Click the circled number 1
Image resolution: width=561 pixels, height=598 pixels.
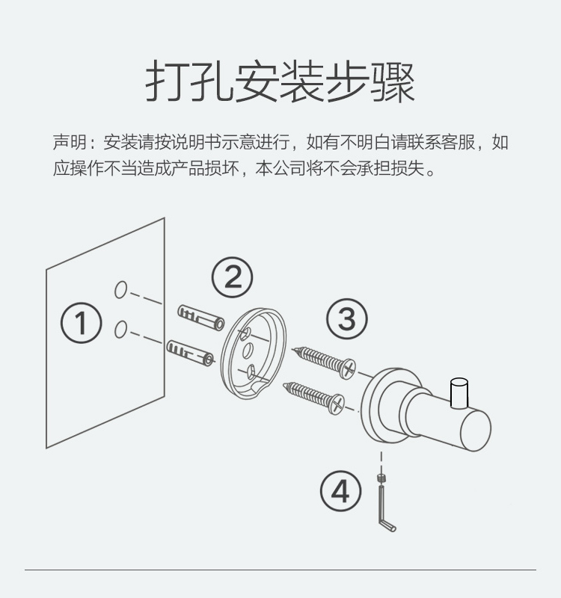[x=82, y=323]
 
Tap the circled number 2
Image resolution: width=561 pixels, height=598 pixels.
[x=233, y=277]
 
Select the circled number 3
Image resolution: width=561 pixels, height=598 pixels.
[x=347, y=319]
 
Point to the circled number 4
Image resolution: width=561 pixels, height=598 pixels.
[x=340, y=491]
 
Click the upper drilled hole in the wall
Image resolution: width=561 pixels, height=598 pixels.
[x=120, y=290]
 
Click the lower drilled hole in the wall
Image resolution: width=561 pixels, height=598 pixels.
[x=120, y=330]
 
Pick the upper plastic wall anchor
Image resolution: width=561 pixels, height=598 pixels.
[x=201, y=318]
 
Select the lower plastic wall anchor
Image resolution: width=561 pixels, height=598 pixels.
[x=191, y=353]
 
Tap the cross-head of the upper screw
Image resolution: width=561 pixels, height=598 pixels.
[x=349, y=369]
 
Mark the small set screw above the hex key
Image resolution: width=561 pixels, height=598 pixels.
[x=380, y=477]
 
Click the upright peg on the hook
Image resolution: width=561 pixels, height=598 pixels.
[x=459, y=392]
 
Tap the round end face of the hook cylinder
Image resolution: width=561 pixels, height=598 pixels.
[x=476, y=429]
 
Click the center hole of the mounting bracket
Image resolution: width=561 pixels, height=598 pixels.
[x=248, y=350]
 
